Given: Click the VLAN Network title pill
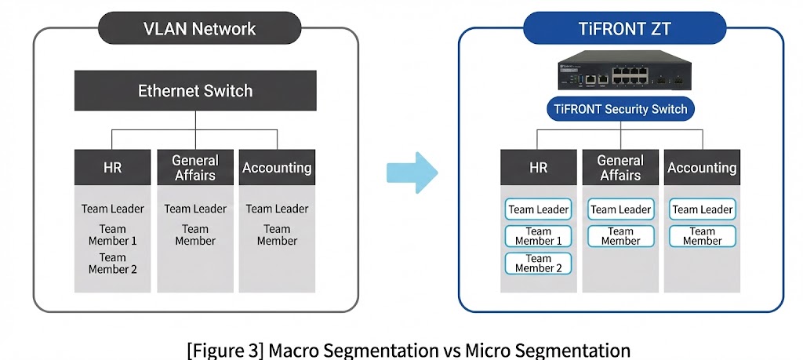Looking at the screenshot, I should (x=199, y=30).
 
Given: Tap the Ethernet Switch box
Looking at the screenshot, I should (x=195, y=90).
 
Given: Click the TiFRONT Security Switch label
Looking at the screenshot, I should (x=620, y=109).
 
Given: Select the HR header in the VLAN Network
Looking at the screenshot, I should (x=113, y=167).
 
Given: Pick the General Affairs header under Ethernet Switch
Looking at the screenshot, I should (x=195, y=167).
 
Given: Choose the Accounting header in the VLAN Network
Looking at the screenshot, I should (x=277, y=167).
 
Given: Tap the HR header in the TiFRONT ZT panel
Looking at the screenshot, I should (x=539, y=167).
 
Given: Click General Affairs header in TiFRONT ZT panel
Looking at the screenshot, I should (x=620, y=167).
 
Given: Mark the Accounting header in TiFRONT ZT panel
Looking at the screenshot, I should (x=702, y=167).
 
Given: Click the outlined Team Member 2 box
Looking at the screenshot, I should (x=539, y=264).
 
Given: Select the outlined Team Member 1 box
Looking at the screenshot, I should (x=539, y=236).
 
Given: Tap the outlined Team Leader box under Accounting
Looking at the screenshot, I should (x=702, y=209).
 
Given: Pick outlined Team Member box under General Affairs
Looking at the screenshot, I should (x=620, y=236).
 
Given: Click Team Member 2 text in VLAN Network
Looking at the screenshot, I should (x=113, y=263).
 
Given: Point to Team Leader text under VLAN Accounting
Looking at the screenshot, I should (x=277, y=209).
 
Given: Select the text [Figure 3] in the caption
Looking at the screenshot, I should (x=225, y=349).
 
